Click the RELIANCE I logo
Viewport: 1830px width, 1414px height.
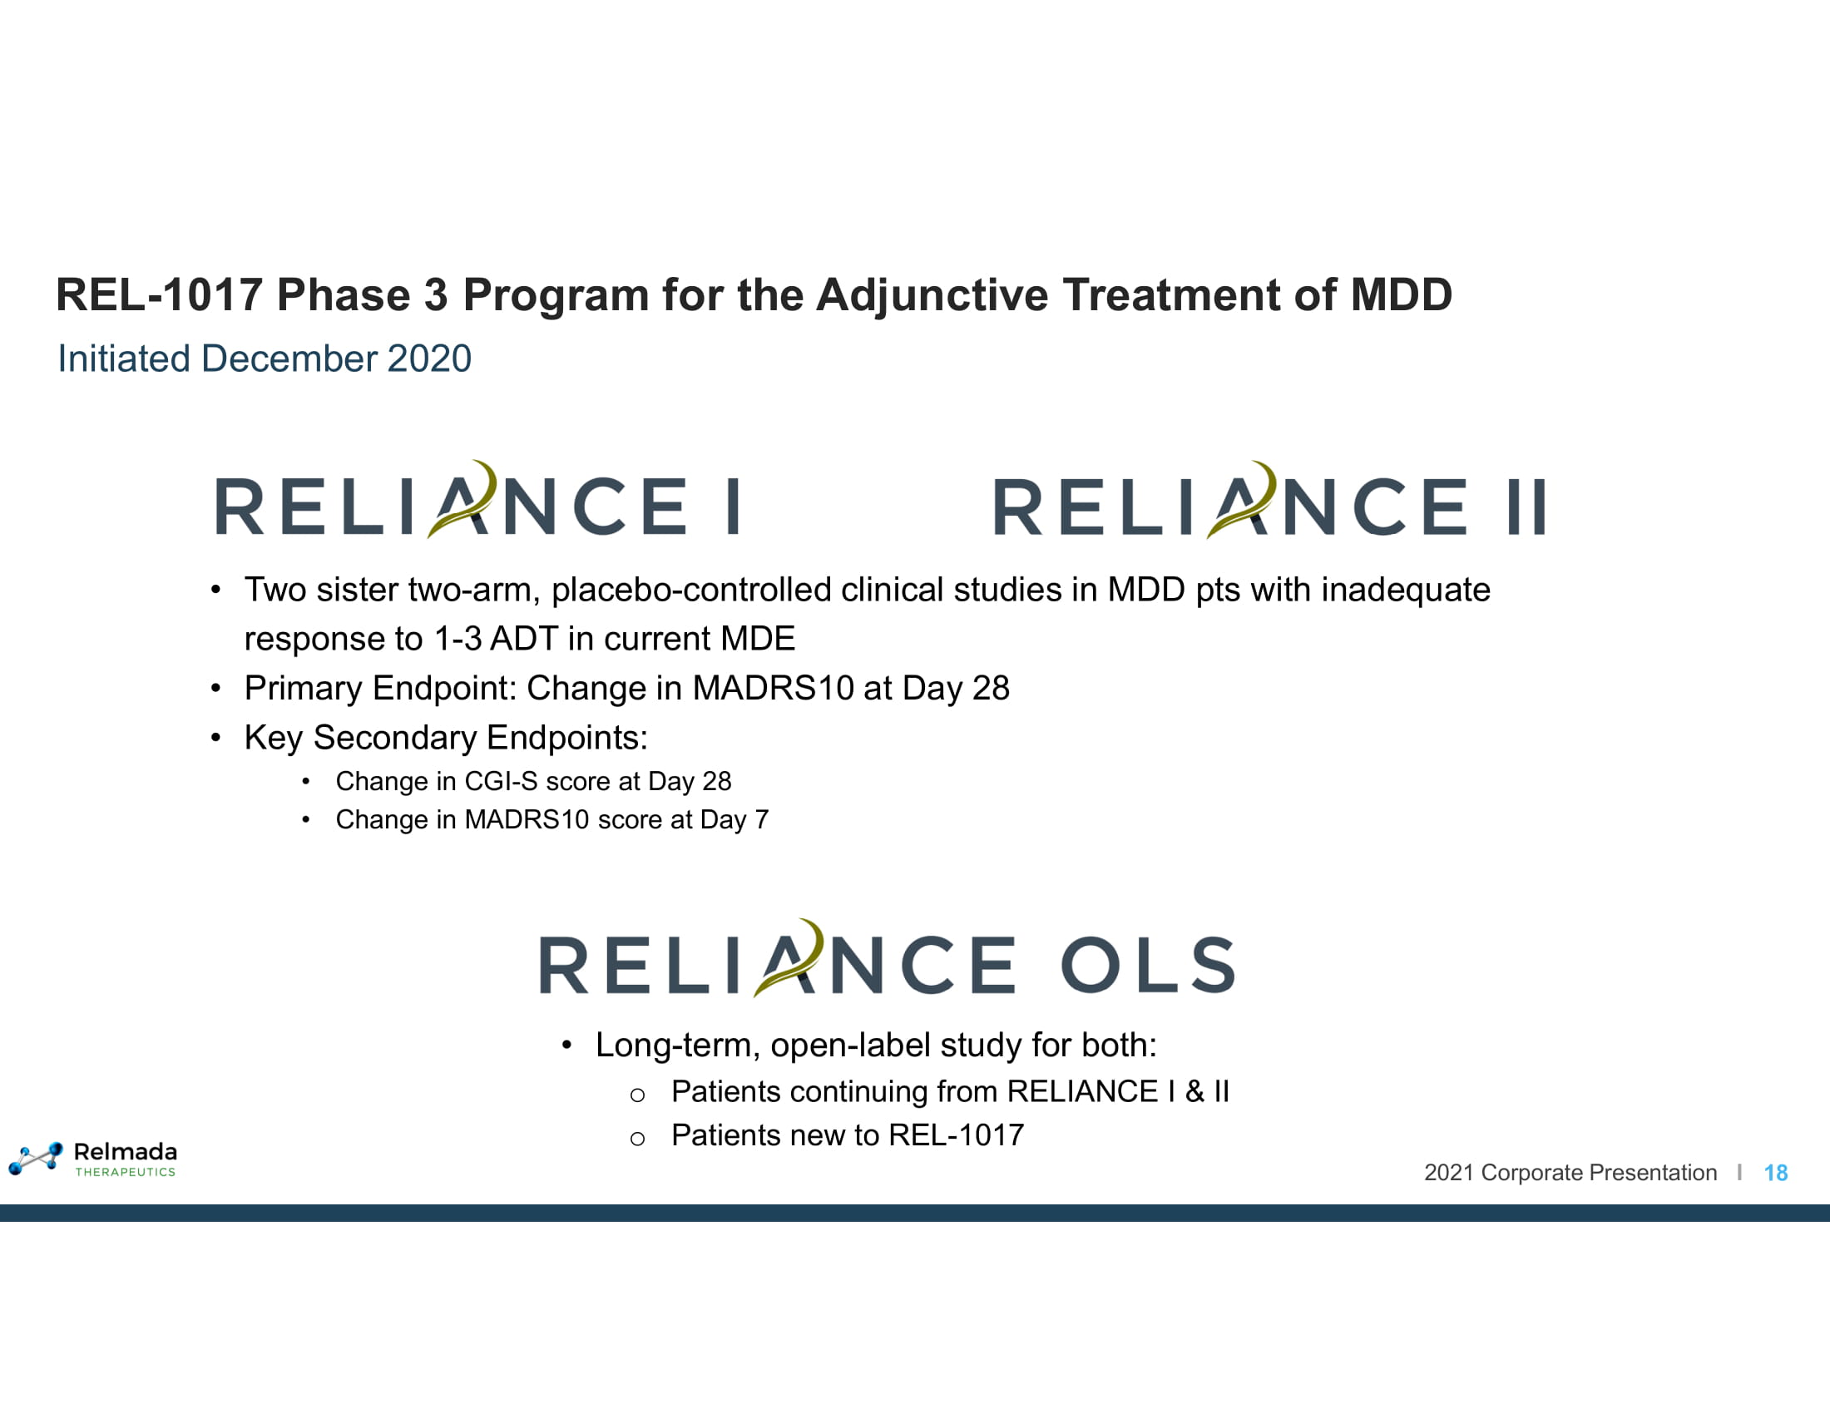coord(477,500)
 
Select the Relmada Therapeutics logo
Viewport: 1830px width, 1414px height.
coord(93,1159)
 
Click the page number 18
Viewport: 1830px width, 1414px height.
coord(1776,1173)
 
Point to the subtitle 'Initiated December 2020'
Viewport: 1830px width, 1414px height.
coord(265,358)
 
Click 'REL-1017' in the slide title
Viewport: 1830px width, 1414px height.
coord(159,295)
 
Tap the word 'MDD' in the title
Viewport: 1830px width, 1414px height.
coord(1401,295)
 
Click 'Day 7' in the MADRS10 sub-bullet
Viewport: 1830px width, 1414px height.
coord(734,820)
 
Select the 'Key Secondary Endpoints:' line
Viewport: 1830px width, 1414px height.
coord(446,738)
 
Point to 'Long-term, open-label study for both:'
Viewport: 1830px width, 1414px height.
coord(877,1046)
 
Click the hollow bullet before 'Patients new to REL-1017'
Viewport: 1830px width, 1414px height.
coord(638,1139)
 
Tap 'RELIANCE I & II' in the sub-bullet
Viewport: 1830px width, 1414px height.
coord(1119,1091)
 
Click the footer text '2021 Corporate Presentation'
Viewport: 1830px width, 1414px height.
coord(1570,1173)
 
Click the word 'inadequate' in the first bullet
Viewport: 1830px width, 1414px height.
coord(1406,590)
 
